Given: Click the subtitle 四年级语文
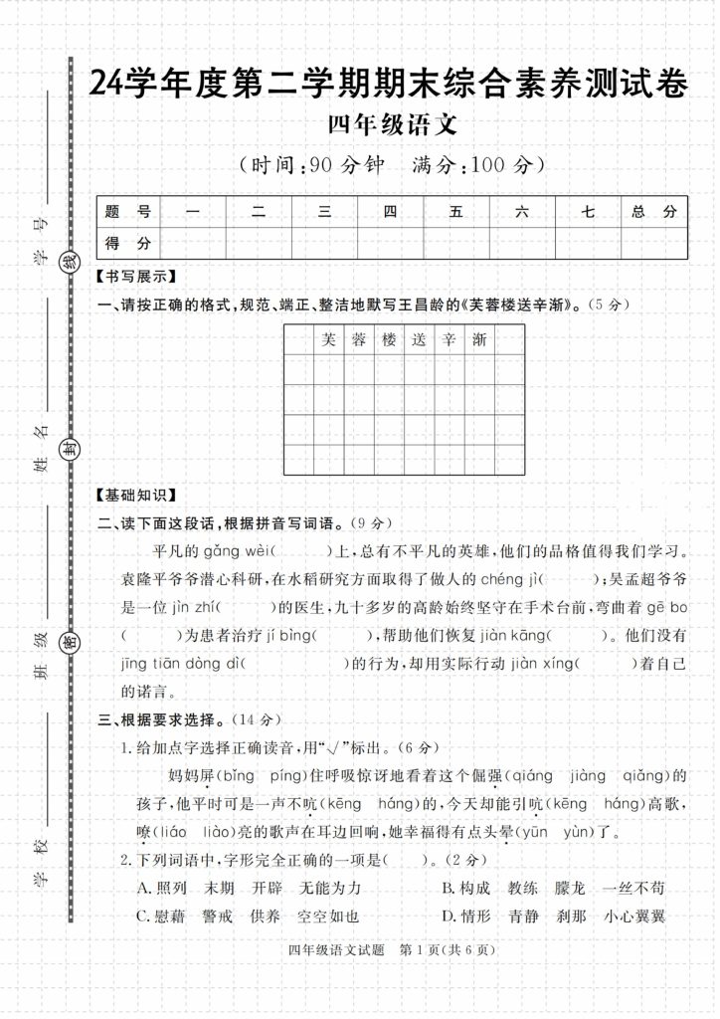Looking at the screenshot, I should point(391,126).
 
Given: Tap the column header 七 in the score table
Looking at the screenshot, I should point(588,211).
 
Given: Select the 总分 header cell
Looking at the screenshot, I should point(653,211).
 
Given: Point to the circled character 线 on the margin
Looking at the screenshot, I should point(70,264).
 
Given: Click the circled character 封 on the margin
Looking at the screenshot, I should point(70,448).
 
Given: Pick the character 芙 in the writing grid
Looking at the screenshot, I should point(329,340).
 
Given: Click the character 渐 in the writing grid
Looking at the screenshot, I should point(479,340).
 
